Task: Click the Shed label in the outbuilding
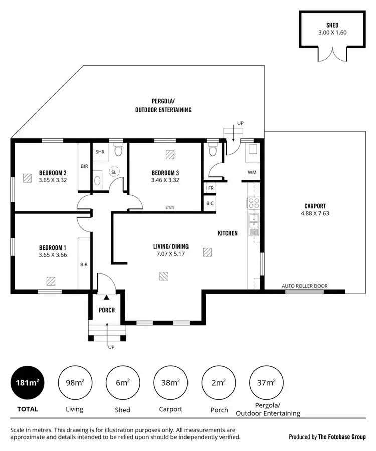tap(332, 25)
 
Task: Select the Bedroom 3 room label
tap(165, 173)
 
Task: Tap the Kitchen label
tap(227, 233)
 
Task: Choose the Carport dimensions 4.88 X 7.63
tap(315, 213)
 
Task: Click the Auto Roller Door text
tap(305, 286)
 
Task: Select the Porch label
tap(106, 310)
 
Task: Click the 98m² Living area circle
tap(74, 383)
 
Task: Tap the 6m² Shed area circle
tap(122, 383)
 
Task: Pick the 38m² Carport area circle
tap(170, 383)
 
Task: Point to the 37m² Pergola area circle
tap(266, 383)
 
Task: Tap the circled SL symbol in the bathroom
tap(114, 172)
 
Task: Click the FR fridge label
tap(210, 188)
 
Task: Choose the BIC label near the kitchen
tap(210, 203)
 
